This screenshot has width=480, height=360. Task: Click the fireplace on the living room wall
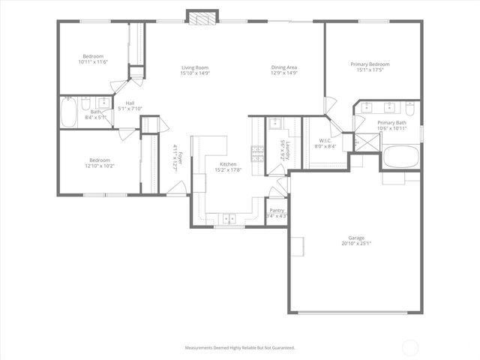click(x=201, y=18)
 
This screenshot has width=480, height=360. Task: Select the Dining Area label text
click(x=284, y=67)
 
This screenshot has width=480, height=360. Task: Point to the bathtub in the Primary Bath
click(x=402, y=157)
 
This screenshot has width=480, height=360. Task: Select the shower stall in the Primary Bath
click(x=359, y=141)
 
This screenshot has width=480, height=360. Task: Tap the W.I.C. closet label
click(x=325, y=140)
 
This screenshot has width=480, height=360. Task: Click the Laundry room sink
click(x=274, y=124)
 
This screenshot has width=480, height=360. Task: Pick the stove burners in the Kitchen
click(x=257, y=154)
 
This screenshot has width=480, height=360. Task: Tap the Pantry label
click(x=277, y=211)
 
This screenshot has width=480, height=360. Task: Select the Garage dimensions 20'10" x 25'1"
click(x=356, y=243)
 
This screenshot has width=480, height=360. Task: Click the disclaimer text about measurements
click(x=240, y=347)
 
